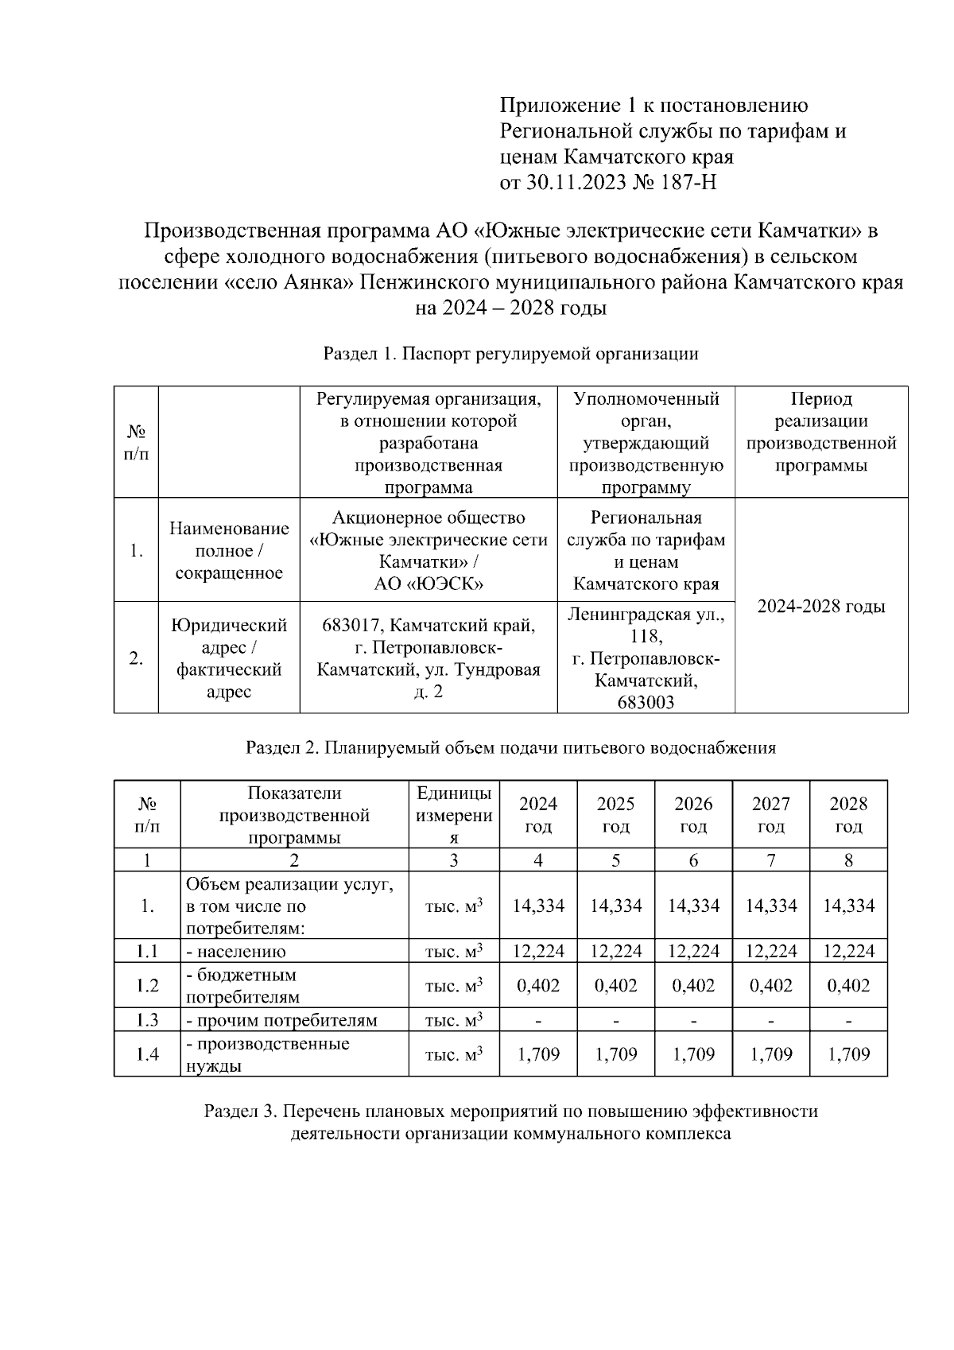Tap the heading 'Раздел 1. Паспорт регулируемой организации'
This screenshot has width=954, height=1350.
510,354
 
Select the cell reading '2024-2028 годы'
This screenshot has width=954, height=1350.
820,607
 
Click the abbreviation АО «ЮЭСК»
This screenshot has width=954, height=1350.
429,584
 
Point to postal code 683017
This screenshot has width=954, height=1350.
353,626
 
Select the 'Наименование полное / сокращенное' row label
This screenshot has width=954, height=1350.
229,550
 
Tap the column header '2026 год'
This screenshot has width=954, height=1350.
692,814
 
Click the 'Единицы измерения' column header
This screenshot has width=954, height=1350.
454,815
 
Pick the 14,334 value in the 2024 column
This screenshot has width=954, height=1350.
538,906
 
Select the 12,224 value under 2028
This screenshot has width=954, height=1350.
848,951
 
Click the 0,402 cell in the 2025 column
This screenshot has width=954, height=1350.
615,985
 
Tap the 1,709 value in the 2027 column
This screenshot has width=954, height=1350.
770,1054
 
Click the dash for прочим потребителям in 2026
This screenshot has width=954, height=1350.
692,1020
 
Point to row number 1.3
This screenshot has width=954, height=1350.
147,1020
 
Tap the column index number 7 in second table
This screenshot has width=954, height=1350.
770,860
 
